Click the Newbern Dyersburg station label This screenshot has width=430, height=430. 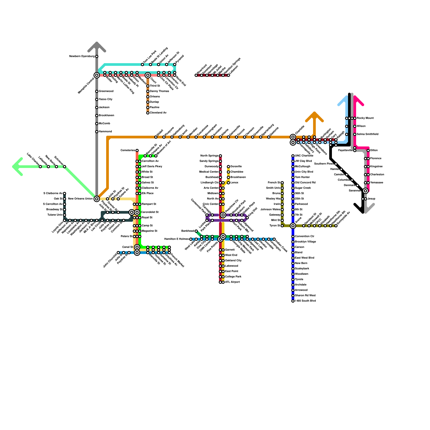pyautogui.click(x=82, y=56)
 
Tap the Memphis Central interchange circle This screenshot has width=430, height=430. pyautogui.click(x=97, y=75)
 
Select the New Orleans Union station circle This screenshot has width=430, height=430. pyautogui.click(x=97, y=199)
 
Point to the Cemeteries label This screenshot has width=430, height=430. pyautogui.click(x=128, y=150)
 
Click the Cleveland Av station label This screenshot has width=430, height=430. pyautogui.click(x=158, y=113)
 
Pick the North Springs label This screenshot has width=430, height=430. pyautogui.click(x=209, y=156)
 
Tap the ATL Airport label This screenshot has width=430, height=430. pyautogui.click(x=232, y=282)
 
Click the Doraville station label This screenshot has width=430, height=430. pyautogui.click(x=236, y=167)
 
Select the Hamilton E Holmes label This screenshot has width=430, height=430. pyautogui.click(x=177, y=239)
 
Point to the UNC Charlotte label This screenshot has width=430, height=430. pyautogui.click(x=304, y=156)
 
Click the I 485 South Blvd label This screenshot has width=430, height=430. pyautogui.click(x=305, y=301)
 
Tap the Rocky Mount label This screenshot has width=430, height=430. pyautogui.click(x=365, y=118)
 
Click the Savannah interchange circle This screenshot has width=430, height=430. pyautogui.click(x=365, y=191)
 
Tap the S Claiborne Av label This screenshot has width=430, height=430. pyautogui.click(x=53, y=193)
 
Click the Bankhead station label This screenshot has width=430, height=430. pyautogui.click(x=188, y=231)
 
